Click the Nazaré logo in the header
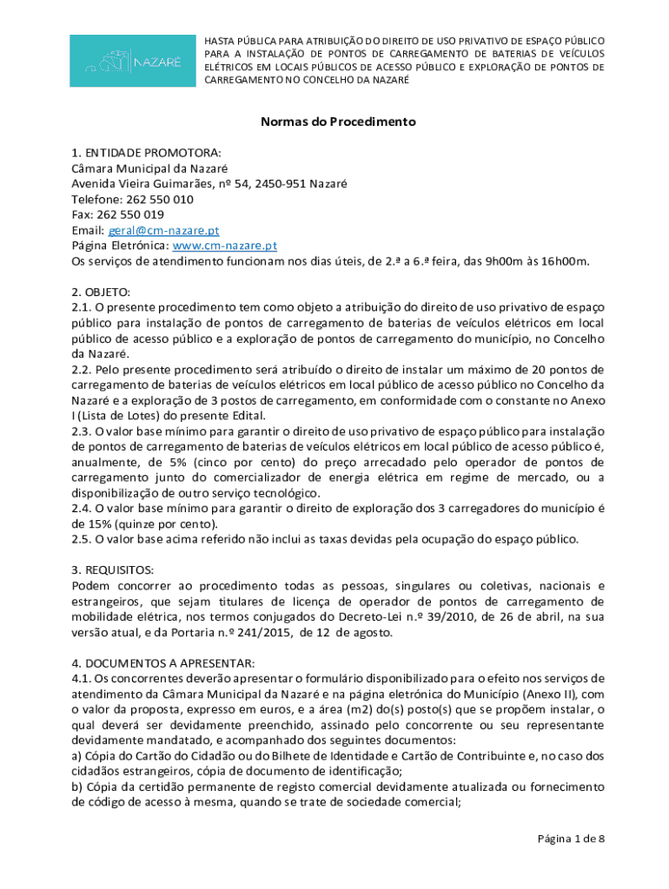pyautogui.click(x=132, y=61)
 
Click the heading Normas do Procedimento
pyautogui.click(x=338, y=122)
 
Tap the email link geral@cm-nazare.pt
pyautogui.click(x=163, y=230)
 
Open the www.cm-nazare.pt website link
pyautogui.click(x=225, y=246)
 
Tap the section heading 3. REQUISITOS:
pyautogui.click(x=113, y=570)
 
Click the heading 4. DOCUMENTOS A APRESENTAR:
pyautogui.click(x=151, y=662)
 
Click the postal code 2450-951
pyautogui.click(x=282, y=183)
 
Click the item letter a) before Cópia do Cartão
pyautogui.click(x=76, y=755)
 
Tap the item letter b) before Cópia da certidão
pyautogui.click(x=76, y=787)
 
